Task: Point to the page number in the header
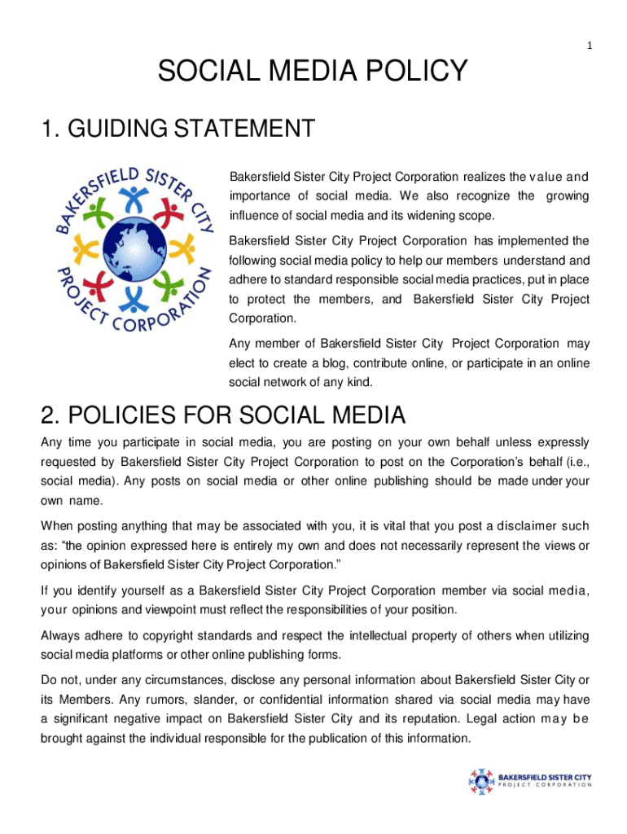pyautogui.click(x=589, y=47)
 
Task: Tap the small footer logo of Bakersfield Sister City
pyautogui.click(x=529, y=781)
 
